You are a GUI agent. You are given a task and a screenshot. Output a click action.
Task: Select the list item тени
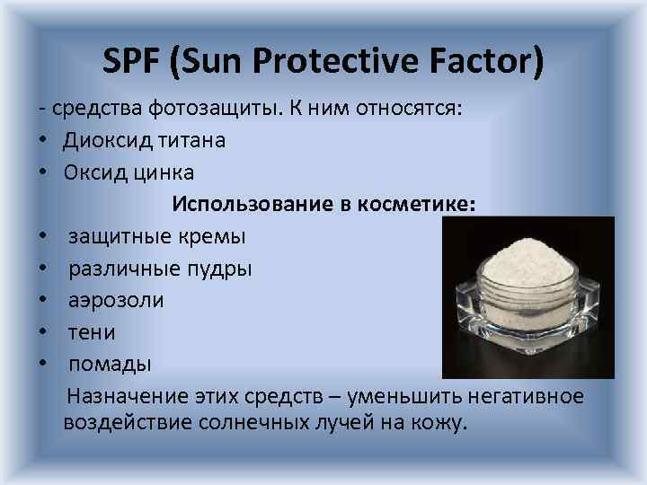pyautogui.click(x=93, y=332)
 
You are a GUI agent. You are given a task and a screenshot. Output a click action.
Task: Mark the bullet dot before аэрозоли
pyautogui.click(x=42, y=301)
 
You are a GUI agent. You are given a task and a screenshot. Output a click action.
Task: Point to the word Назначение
pyautogui.click(x=128, y=396)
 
